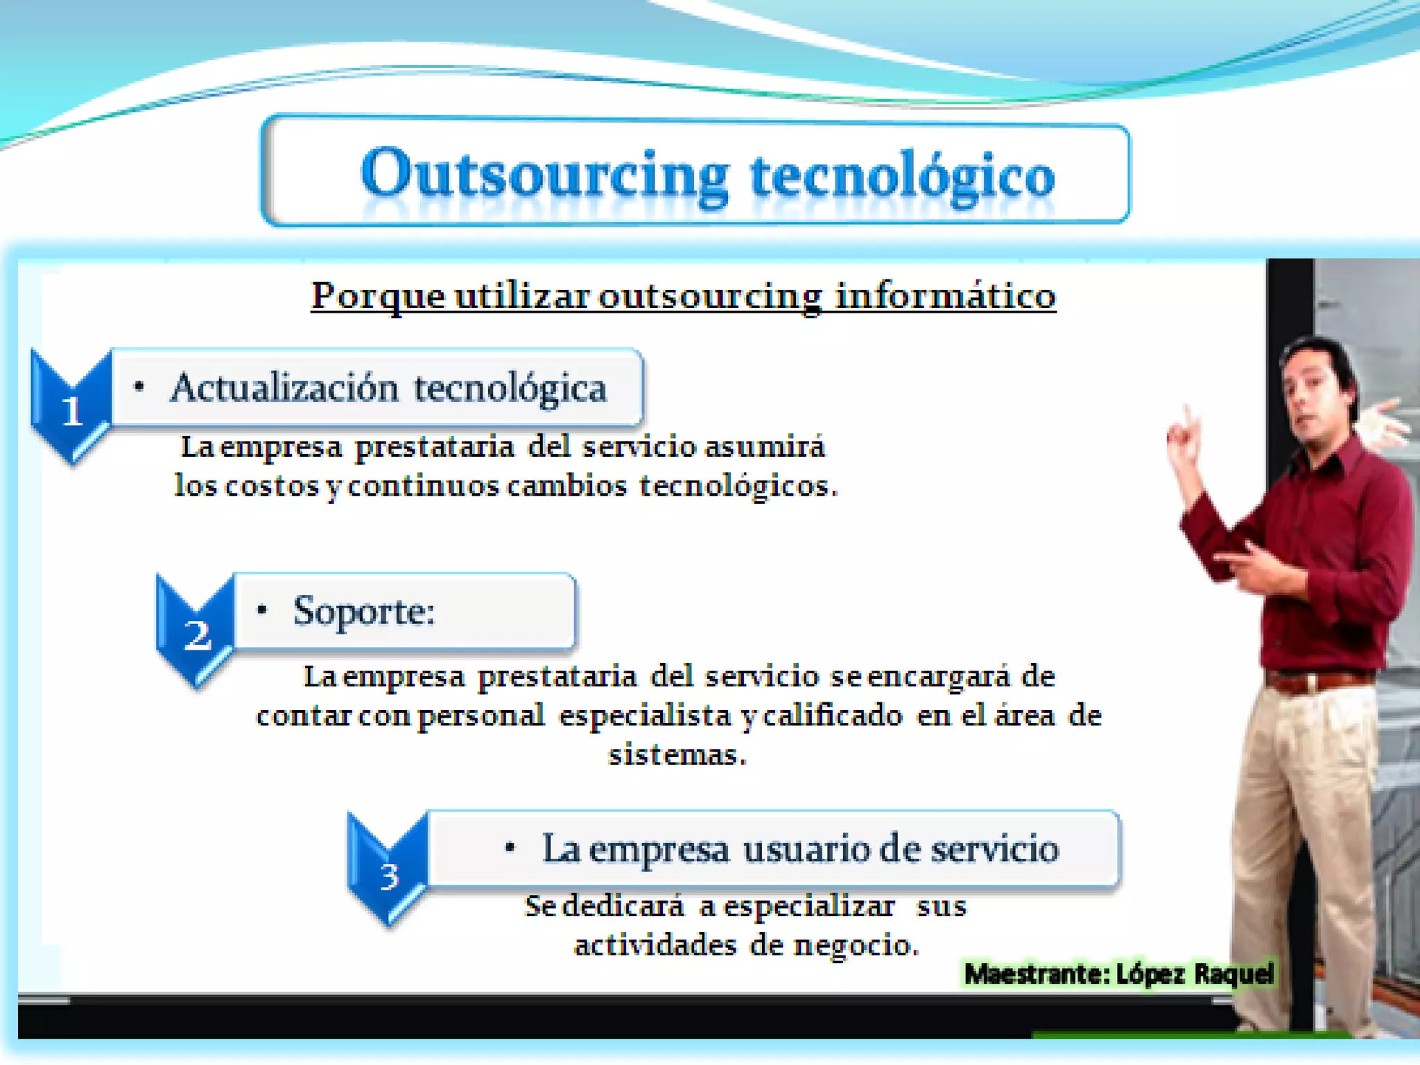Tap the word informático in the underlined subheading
(945, 296)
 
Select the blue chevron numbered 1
(71, 409)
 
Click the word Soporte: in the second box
(364, 612)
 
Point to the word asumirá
(765, 447)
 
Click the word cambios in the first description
(566, 485)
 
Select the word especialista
(645, 716)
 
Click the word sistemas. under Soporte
(677, 754)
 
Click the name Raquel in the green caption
(1234, 973)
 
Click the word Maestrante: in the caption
(1037, 974)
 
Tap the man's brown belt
(1317, 681)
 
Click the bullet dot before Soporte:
(261, 610)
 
